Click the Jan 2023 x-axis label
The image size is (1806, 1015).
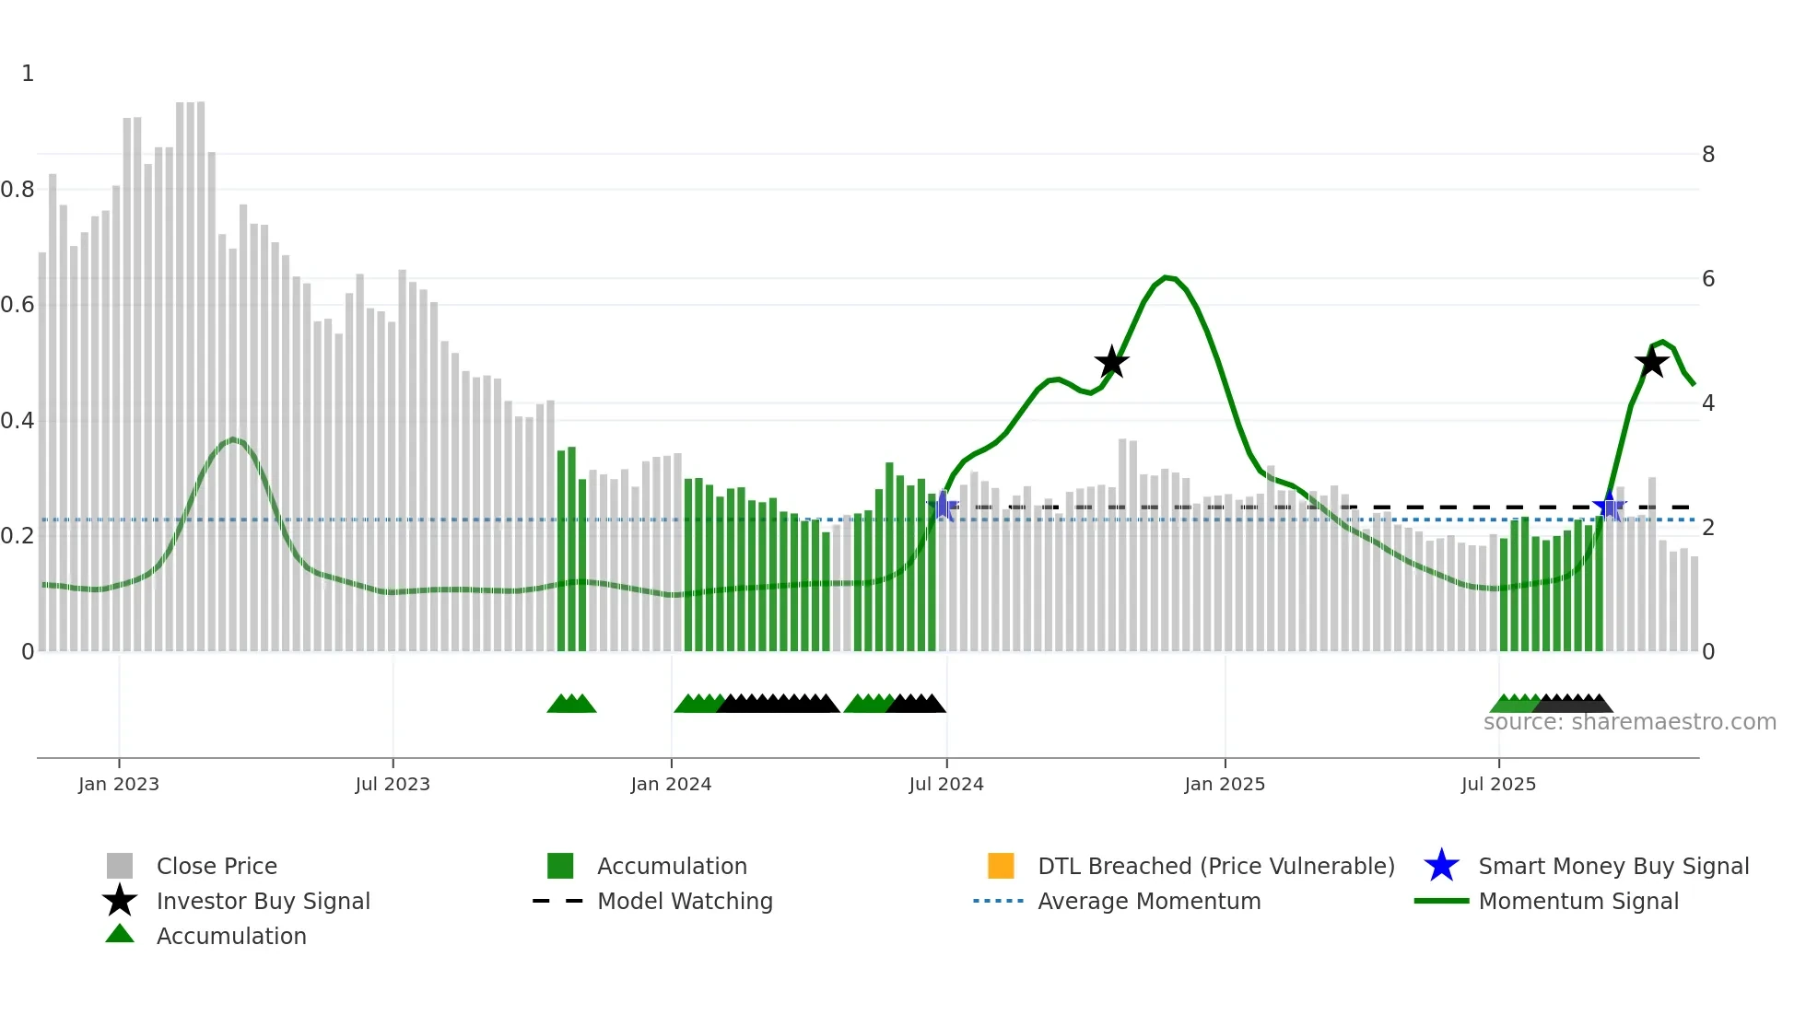119,785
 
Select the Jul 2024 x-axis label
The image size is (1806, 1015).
946,785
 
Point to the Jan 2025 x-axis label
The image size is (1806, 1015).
1225,785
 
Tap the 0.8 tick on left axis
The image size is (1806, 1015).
18,190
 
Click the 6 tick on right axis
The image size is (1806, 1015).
1708,279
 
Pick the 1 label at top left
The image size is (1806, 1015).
28,74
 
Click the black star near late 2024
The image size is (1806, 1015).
1112,362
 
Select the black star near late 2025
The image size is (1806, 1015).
1651,362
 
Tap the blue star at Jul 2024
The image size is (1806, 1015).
944,506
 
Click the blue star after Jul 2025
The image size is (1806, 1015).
1609,507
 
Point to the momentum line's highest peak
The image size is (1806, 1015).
1167,277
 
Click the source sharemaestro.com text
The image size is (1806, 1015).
1629,722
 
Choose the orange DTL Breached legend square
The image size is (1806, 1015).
1001,866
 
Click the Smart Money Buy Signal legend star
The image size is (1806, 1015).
1441,866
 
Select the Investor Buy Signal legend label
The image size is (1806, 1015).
264,901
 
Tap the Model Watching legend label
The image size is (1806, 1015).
685,901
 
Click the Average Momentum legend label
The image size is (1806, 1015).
1149,901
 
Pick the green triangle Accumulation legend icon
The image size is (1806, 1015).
120,935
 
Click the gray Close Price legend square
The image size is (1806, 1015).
120,866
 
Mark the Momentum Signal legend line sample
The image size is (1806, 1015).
1441,901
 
